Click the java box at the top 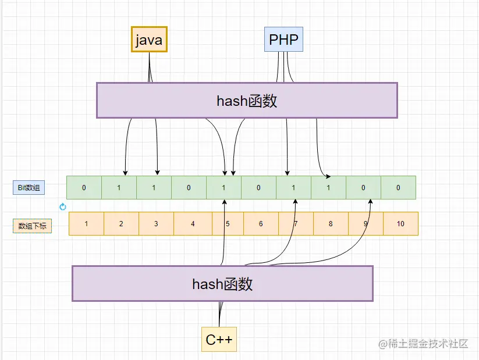(149, 40)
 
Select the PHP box (284, 40)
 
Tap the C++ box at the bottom (219, 340)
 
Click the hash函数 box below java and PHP (247, 101)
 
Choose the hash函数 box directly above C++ (222, 284)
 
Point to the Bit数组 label (29, 188)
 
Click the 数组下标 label (32, 226)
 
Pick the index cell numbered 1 (86, 224)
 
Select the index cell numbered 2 (121, 224)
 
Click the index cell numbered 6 (261, 224)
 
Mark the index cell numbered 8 (331, 224)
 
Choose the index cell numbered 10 (400, 224)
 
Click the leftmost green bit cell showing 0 (84, 188)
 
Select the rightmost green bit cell (398, 188)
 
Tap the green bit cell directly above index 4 (189, 188)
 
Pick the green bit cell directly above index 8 (328, 188)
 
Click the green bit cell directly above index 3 (154, 188)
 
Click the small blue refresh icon (63, 206)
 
